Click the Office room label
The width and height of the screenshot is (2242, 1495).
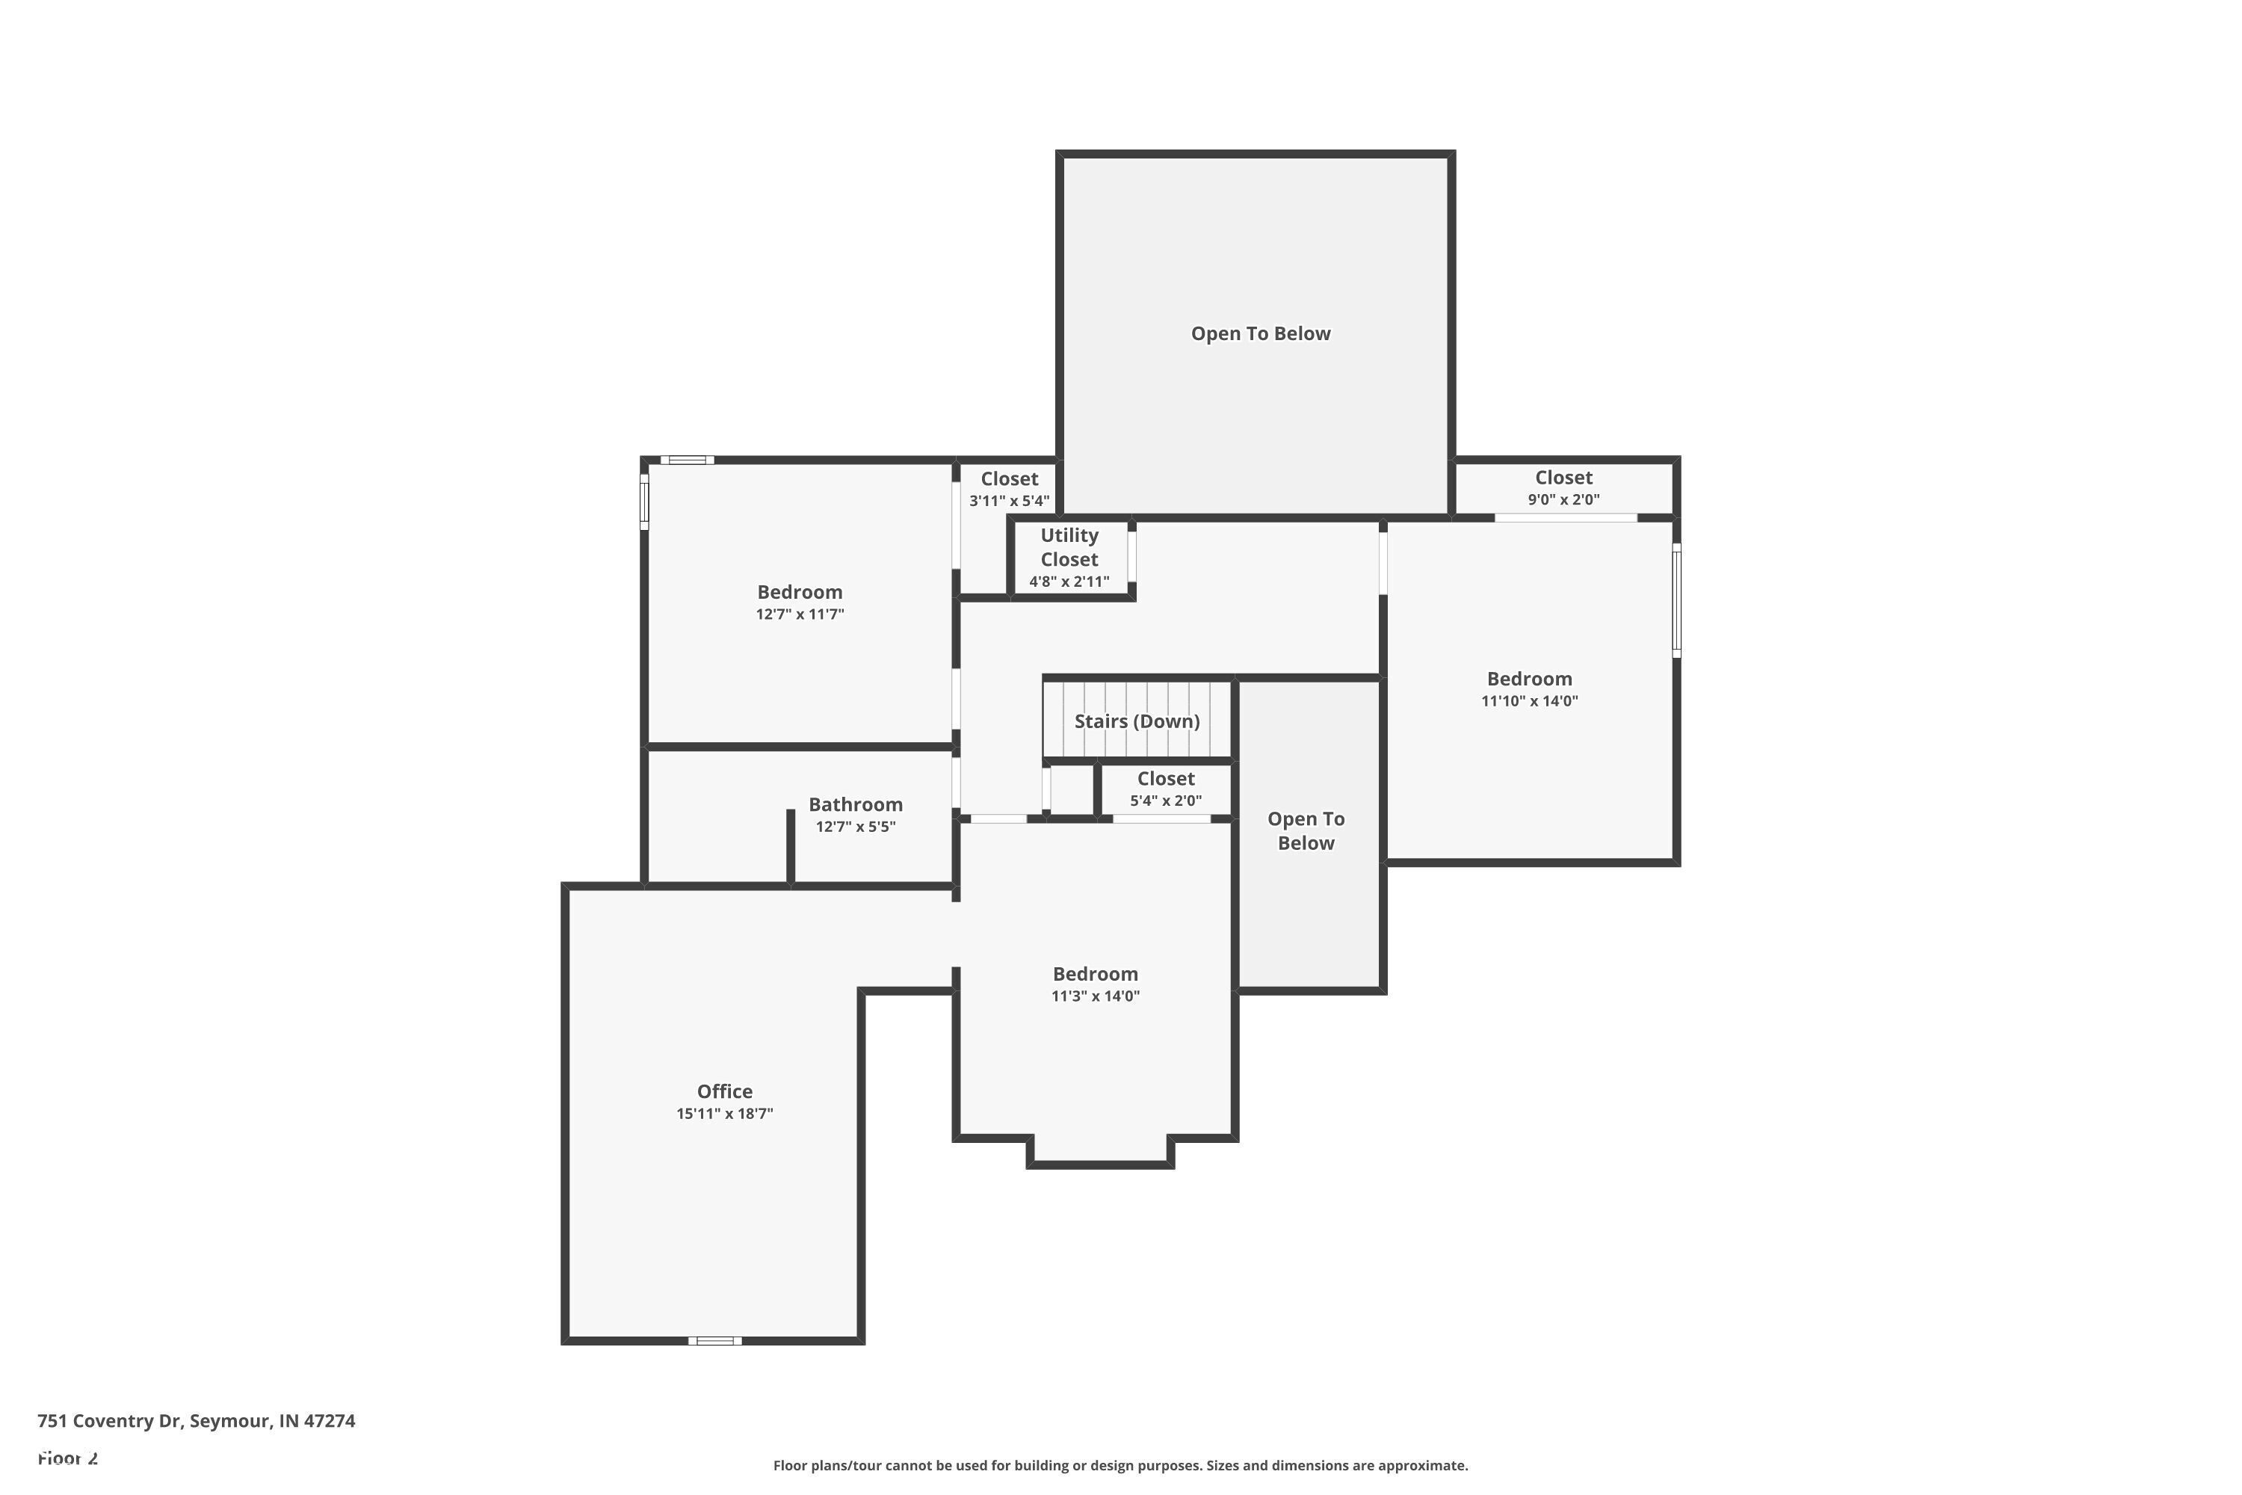[x=724, y=1091]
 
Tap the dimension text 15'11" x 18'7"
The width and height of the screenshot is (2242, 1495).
[x=724, y=1114]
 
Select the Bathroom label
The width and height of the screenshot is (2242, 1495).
[x=855, y=805]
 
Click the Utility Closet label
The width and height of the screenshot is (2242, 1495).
[x=1069, y=547]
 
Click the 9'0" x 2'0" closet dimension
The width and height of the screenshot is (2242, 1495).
[x=1563, y=499]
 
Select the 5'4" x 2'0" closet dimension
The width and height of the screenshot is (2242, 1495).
[x=1165, y=801]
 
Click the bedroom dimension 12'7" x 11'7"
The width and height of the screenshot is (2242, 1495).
[x=800, y=614]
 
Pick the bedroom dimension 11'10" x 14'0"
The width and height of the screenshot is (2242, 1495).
[x=1529, y=701]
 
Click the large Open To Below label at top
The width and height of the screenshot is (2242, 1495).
[x=1260, y=333]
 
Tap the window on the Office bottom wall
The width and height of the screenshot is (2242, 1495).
[x=715, y=1340]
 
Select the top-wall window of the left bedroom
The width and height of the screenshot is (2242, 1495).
[x=688, y=460]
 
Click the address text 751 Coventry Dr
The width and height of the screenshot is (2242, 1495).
[x=110, y=1421]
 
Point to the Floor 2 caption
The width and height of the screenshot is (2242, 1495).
[x=68, y=1458]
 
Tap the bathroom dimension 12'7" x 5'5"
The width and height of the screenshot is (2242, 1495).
[x=855, y=827]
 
